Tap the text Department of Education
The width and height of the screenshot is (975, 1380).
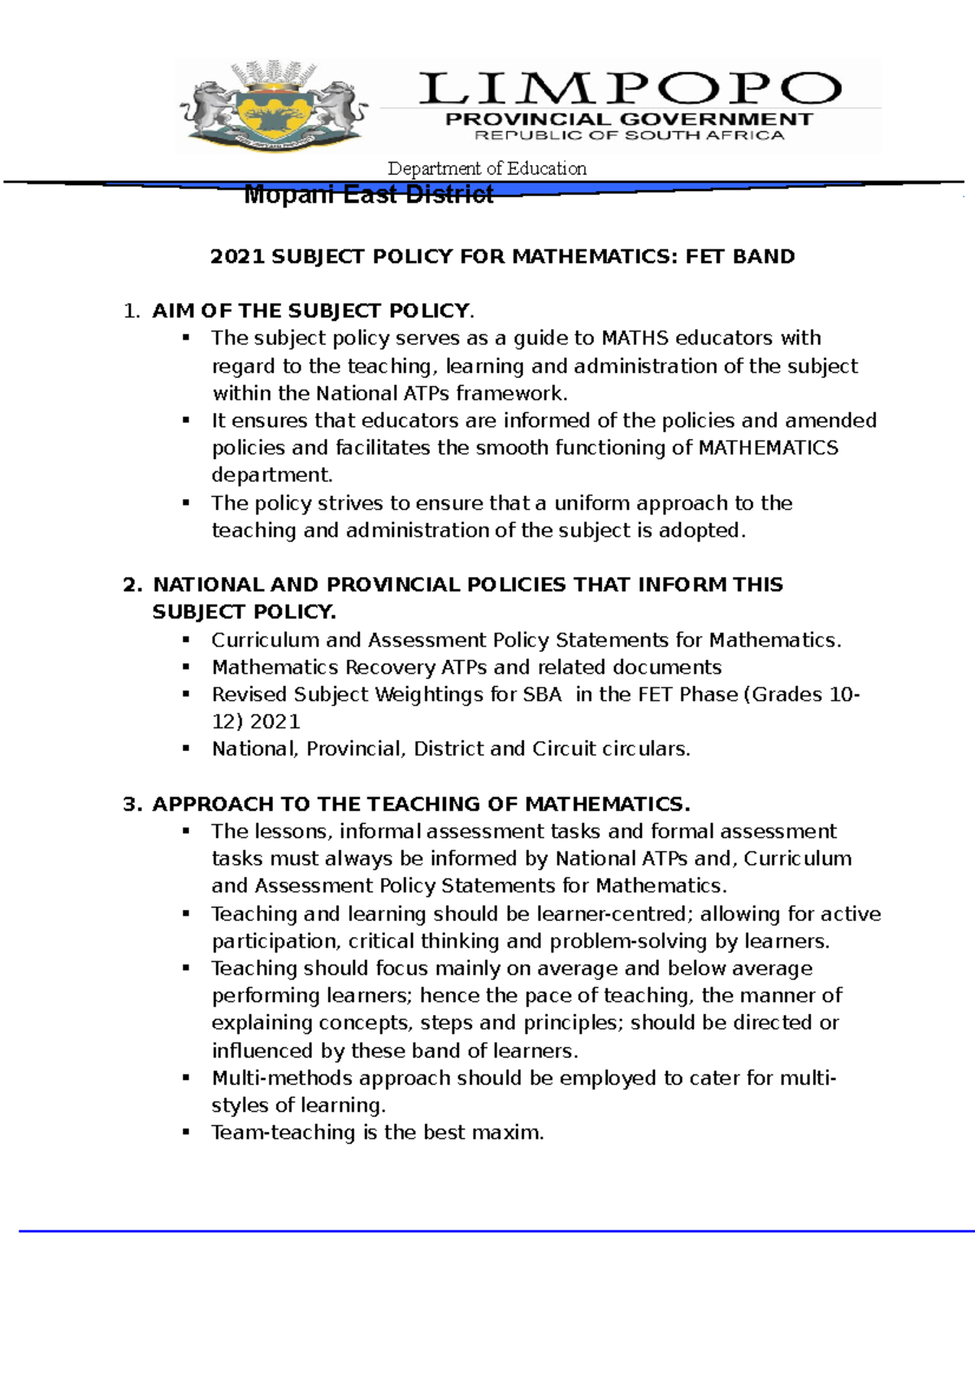(x=487, y=168)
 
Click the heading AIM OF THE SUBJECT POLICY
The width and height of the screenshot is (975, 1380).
(x=311, y=311)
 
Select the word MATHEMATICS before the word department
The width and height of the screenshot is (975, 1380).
(x=768, y=448)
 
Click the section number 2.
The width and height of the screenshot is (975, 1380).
(x=132, y=585)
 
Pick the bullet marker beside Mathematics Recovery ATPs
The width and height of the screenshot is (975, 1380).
(x=186, y=667)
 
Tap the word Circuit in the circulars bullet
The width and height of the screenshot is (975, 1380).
(x=564, y=749)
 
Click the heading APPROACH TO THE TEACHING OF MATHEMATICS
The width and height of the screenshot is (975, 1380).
(x=421, y=805)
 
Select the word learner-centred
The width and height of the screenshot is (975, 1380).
(x=615, y=914)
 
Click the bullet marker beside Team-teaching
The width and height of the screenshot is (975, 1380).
(x=186, y=1132)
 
